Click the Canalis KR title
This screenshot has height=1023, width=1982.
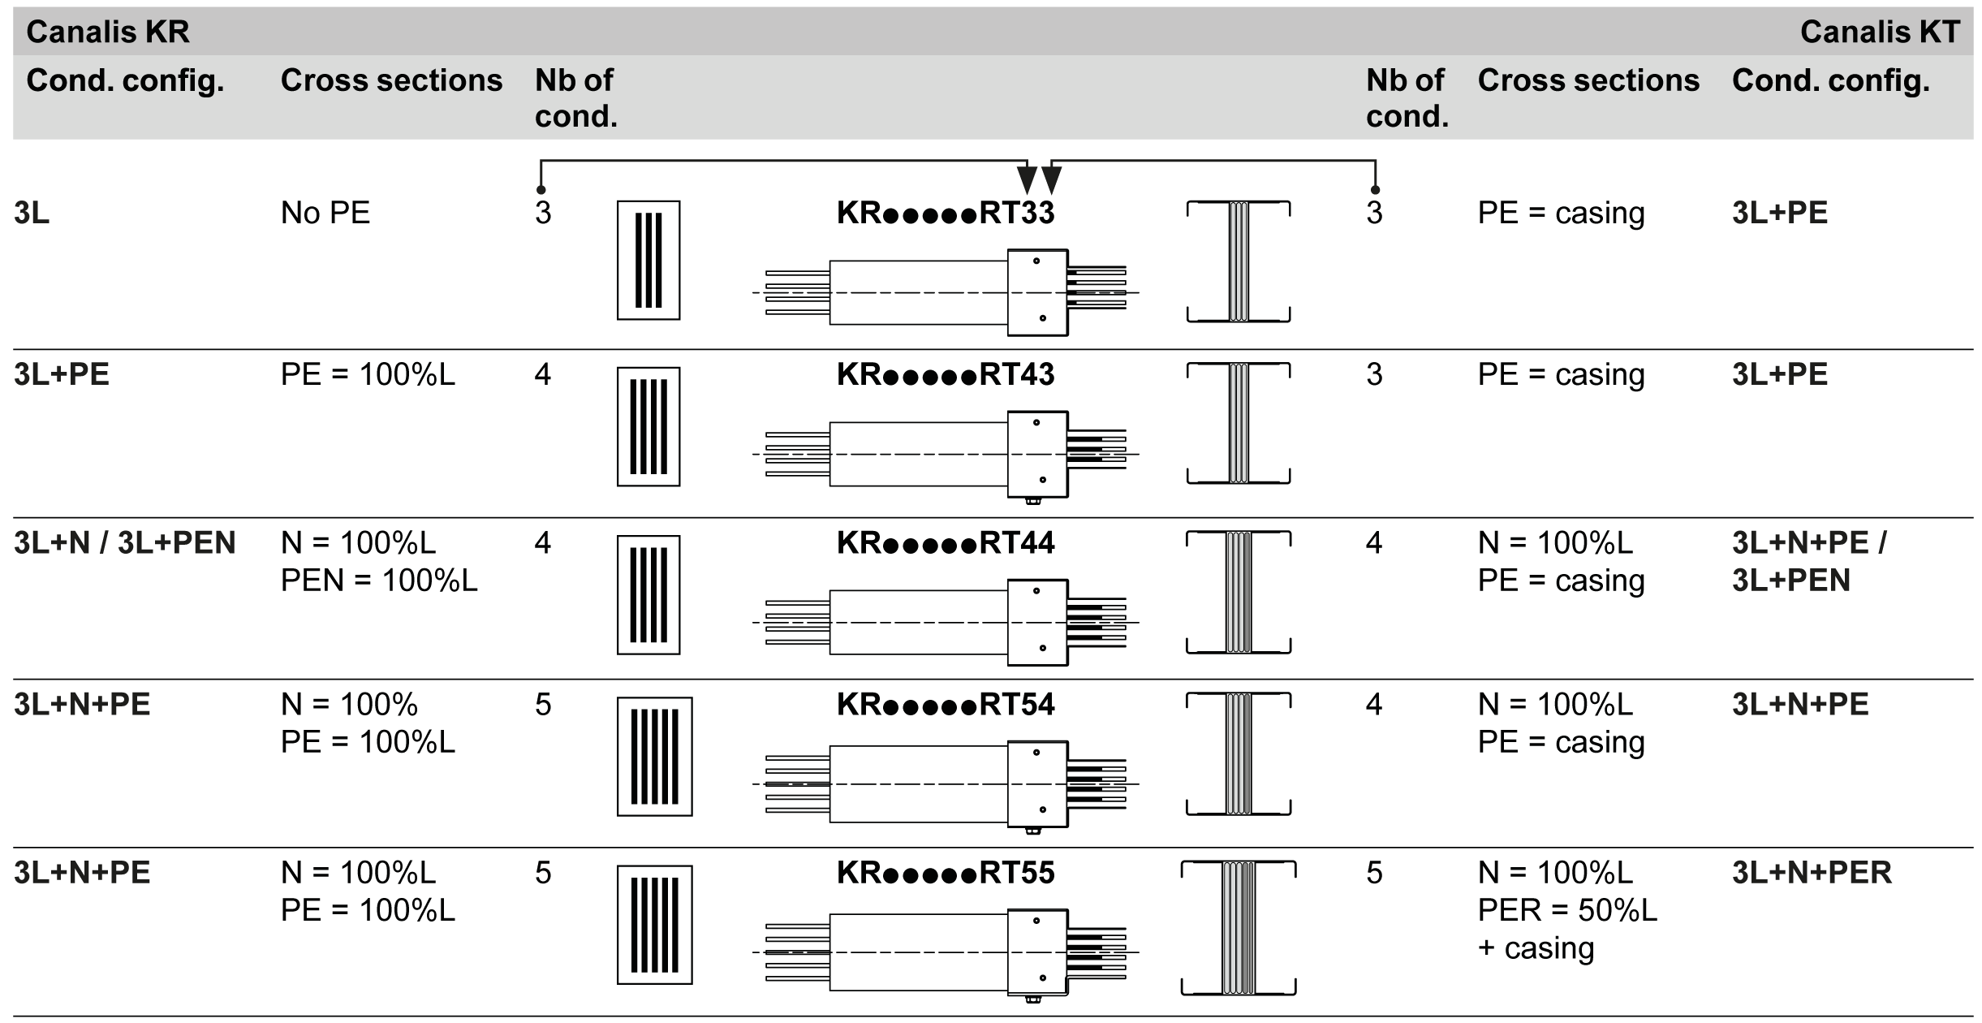(x=108, y=32)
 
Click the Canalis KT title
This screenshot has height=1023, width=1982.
(x=1880, y=32)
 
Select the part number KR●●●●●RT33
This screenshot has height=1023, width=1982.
(x=946, y=213)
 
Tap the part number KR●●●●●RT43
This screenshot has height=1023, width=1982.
(x=946, y=374)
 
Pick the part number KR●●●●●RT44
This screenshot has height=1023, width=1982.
(x=946, y=542)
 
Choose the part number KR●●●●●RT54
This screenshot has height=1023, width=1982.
(x=946, y=704)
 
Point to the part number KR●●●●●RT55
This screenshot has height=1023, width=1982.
(x=946, y=873)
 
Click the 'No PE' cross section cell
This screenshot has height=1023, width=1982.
(x=325, y=213)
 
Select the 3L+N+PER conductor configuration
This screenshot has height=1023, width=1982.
(x=1812, y=873)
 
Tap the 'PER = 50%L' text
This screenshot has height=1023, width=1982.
(x=1567, y=910)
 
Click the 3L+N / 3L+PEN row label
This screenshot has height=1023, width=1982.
(x=125, y=542)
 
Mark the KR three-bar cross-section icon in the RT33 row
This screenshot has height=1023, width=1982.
(x=648, y=261)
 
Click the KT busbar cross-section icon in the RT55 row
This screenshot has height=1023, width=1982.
(x=1239, y=928)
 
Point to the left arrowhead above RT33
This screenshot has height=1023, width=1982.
(x=1027, y=179)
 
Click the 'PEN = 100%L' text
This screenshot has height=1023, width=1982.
(x=379, y=581)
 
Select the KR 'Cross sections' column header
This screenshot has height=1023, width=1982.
(x=391, y=80)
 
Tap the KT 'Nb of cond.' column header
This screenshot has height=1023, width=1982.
(x=1407, y=98)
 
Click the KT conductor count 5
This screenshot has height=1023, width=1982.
(x=1374, y=873)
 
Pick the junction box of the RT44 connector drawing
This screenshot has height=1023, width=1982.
(x=1037, y=623)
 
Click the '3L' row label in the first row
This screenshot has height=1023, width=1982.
(x=32, y=213)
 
